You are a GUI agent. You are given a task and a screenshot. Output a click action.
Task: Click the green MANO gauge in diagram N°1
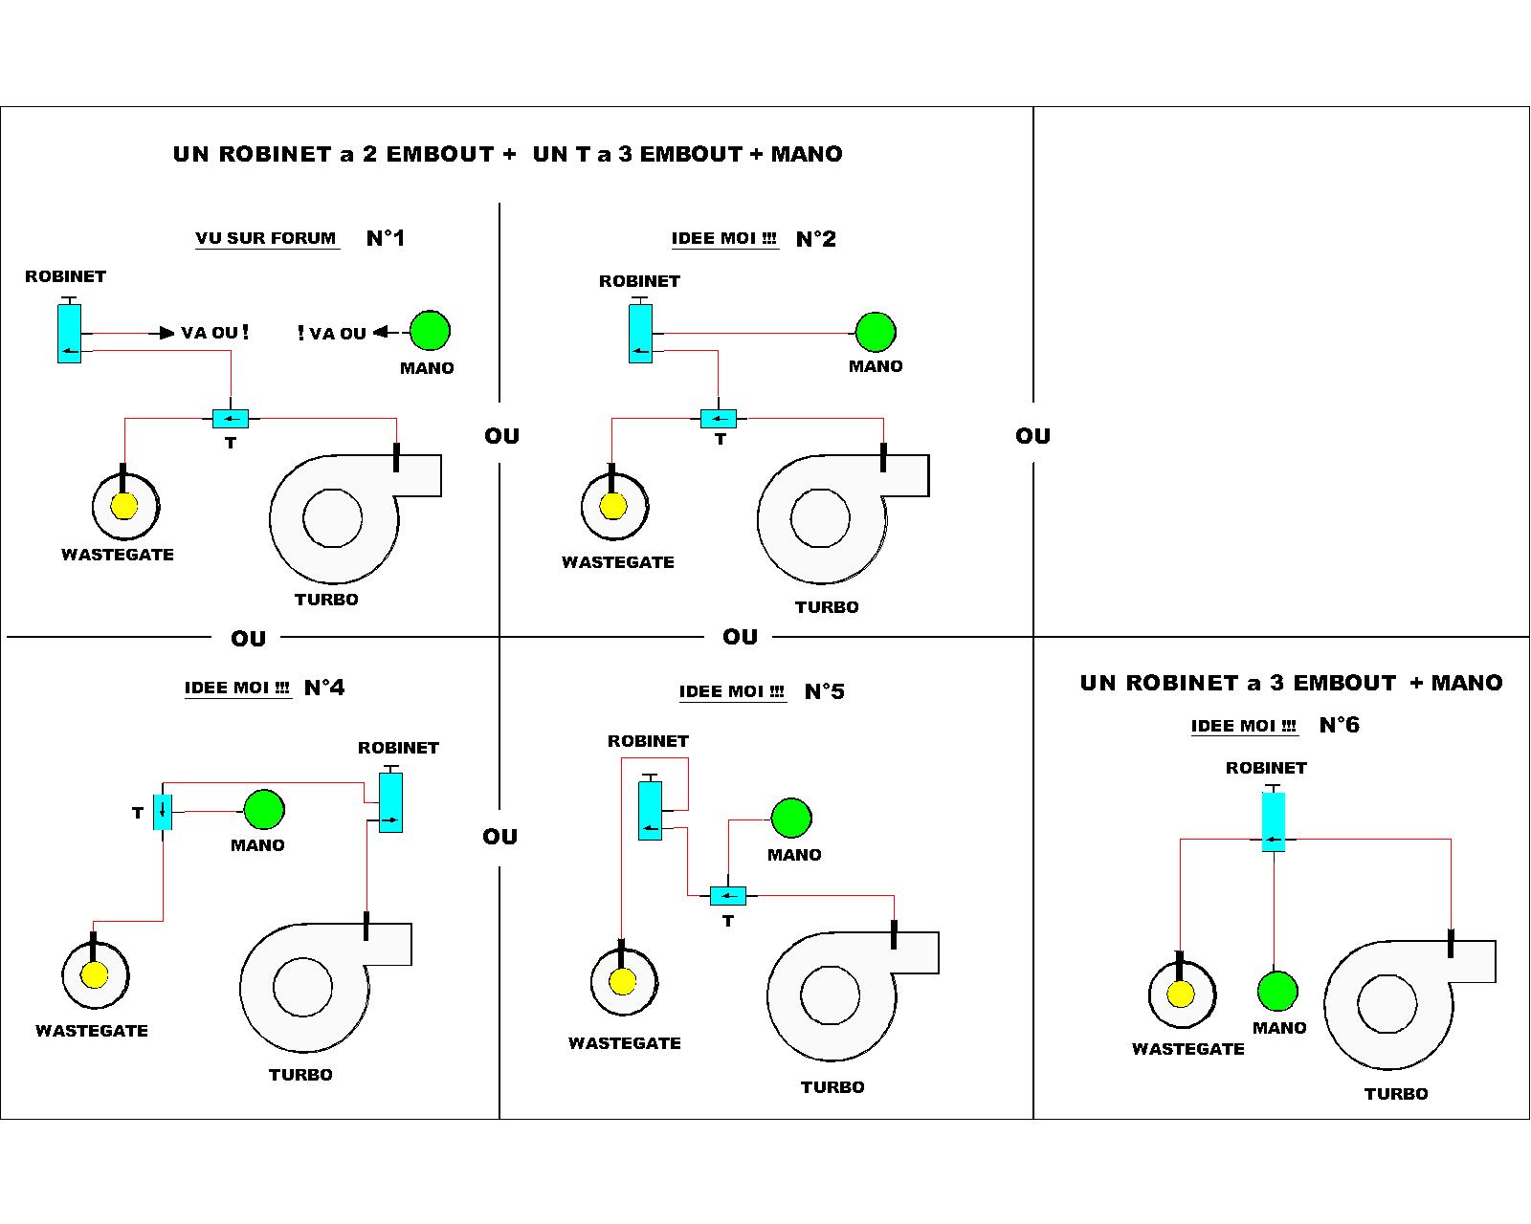tap(430, 331)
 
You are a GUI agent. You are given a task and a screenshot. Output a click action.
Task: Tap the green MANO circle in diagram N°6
tap(1277, 992)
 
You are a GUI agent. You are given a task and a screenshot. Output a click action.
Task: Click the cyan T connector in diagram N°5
tap(727, 896)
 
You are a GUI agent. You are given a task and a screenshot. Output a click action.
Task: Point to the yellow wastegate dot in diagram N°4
tap(95, 975)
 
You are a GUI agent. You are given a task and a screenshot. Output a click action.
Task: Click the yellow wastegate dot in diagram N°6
tap(1181, 994)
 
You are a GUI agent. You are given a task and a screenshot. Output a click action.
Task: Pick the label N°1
tap(386, 238)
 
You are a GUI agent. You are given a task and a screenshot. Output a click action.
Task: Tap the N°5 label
tap(824, 691)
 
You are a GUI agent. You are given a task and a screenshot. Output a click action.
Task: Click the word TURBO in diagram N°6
tap(1395, 1094)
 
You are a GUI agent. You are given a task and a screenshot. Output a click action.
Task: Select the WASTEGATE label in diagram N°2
tap(617, 562)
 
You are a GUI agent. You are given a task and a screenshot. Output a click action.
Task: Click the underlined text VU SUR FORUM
tap(266, 238)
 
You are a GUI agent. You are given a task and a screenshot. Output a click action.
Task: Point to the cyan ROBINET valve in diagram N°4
tap(390, 803)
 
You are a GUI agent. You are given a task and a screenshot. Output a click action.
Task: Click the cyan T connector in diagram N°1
tap(230, 419)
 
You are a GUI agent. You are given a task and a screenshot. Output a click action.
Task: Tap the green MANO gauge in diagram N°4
tap(264, 810)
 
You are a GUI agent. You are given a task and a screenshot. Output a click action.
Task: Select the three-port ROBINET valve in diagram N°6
tap(1273, 821)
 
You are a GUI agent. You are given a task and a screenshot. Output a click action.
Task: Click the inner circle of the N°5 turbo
tap(830, 994)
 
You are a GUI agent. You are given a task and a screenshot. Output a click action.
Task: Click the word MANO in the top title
tap(807, 154)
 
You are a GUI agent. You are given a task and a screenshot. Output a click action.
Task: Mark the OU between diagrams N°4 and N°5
tap(499, 837)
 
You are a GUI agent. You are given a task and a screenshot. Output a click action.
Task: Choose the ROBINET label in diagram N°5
tap(648, 741)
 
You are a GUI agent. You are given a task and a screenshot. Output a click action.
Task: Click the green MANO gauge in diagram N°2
tap(875, 332)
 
